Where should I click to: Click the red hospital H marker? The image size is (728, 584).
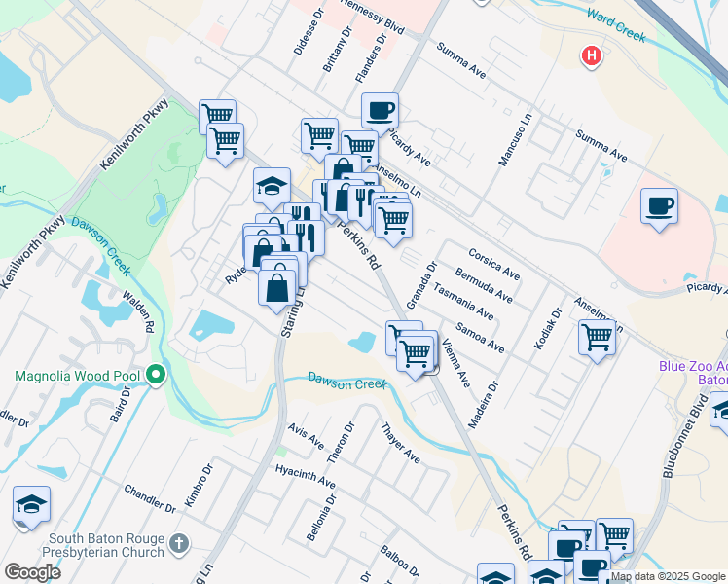coord(590,56)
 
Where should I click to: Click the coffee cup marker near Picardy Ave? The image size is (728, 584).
coord(379,110)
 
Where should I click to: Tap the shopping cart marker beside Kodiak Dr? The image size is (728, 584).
coord(597,338)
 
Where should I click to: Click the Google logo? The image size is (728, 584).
coord(32,572)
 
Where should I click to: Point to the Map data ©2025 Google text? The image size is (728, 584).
coord(668,576)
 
